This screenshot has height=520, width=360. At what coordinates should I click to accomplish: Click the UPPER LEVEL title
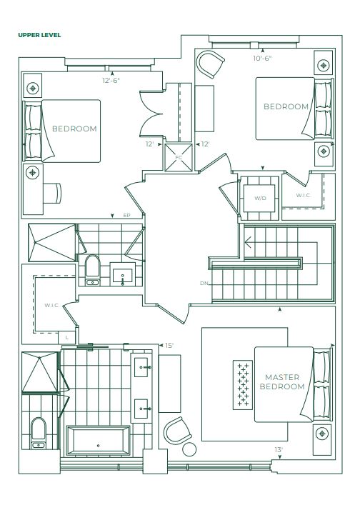39,35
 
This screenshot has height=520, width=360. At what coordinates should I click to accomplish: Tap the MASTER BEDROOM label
282,381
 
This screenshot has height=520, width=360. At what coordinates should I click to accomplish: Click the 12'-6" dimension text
111,80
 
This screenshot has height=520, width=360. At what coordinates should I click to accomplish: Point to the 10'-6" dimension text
262,59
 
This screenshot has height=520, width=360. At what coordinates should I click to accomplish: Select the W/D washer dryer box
260,199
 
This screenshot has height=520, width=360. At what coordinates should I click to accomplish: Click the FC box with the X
179,157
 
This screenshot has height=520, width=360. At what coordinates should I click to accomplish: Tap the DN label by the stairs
204,283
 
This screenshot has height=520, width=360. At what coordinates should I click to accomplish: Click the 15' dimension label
169,346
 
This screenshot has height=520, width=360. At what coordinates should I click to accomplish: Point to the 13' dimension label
279,450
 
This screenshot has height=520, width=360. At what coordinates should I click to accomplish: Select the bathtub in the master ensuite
98,441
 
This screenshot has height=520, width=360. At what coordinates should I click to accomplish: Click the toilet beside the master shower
38,434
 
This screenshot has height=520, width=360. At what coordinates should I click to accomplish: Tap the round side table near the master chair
189,449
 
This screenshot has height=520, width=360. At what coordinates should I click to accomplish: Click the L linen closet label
66,338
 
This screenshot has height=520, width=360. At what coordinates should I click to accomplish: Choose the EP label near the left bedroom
126,216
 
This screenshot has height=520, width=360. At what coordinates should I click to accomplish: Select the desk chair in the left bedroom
53,193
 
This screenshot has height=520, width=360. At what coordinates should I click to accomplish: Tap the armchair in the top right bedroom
210,64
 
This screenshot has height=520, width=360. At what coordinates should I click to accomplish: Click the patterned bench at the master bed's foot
243,385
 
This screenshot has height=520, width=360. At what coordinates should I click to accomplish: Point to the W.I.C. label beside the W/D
304,195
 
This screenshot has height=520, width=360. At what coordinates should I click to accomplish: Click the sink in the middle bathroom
122,274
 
